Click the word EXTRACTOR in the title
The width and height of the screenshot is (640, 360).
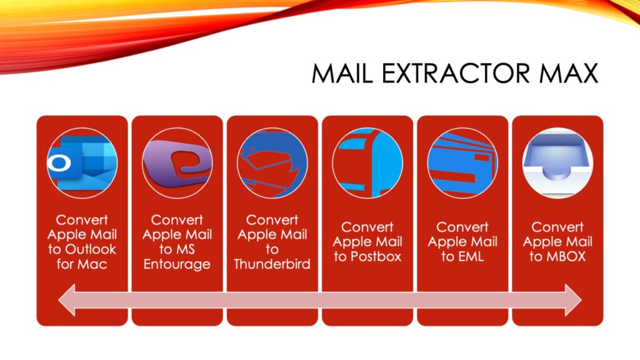pyautogui.click(x=456, y=74)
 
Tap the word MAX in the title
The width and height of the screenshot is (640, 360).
pyautogui.click(x=569, y=74)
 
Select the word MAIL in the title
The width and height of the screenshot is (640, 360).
pyautogui.click(x=342, y=74)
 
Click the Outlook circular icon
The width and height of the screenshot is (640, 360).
pyautogui.click(x=82, y=163)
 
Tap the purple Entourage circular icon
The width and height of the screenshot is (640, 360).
pyautogui.click(x=177, y=163)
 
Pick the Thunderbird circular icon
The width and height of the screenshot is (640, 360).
pyautogui.click(x=272, y=163)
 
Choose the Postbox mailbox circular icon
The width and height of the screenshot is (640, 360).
pyautogui.click(x=367, y=163)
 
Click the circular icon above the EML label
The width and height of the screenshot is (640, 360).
pyautogui.click(x=462, y=163)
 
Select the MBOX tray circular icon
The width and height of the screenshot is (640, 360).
pyautogui.click(x=557, y=163)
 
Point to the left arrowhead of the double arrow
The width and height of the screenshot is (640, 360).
pyautogui.click(x=67, y=301)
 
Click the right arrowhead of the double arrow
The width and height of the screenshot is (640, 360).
pyautogui.click(x=574, y=301)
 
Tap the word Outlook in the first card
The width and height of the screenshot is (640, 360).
pyautogui.click(x=91, y=249)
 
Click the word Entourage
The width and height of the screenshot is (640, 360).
pyautogui.click(x=177, y=264)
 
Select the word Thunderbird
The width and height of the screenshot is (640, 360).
pyautogui.click(x=272, y=264)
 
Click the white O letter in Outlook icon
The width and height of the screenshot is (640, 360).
pyautogui.click(x=59, y=163)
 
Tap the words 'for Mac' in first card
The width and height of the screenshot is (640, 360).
pyautogui.click(x=82, y=264)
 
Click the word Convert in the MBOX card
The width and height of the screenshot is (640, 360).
pyautogui.click(x=557, y=227)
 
